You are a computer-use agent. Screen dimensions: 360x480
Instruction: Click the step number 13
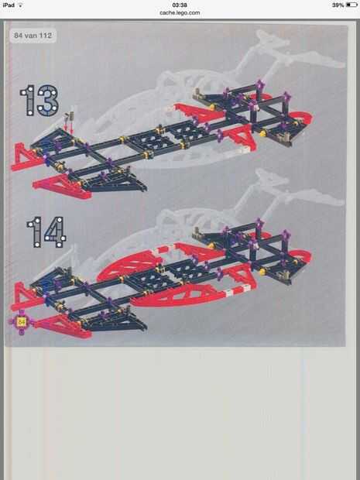39,101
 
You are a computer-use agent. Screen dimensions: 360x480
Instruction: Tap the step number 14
46,231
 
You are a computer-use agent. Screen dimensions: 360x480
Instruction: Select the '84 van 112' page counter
33,35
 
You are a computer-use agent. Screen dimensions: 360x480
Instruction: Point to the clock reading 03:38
180,5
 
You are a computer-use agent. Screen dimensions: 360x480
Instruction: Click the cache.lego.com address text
180,12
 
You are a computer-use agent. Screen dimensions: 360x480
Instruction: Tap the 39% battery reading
338,5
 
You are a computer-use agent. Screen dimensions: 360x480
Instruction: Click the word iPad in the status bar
9,5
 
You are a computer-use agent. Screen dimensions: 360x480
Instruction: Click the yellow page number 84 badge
21,322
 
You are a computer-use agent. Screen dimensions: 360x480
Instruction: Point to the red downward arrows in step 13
69,126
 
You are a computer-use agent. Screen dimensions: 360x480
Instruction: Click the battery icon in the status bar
351,5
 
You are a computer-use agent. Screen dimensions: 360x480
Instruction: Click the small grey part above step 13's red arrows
71,115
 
